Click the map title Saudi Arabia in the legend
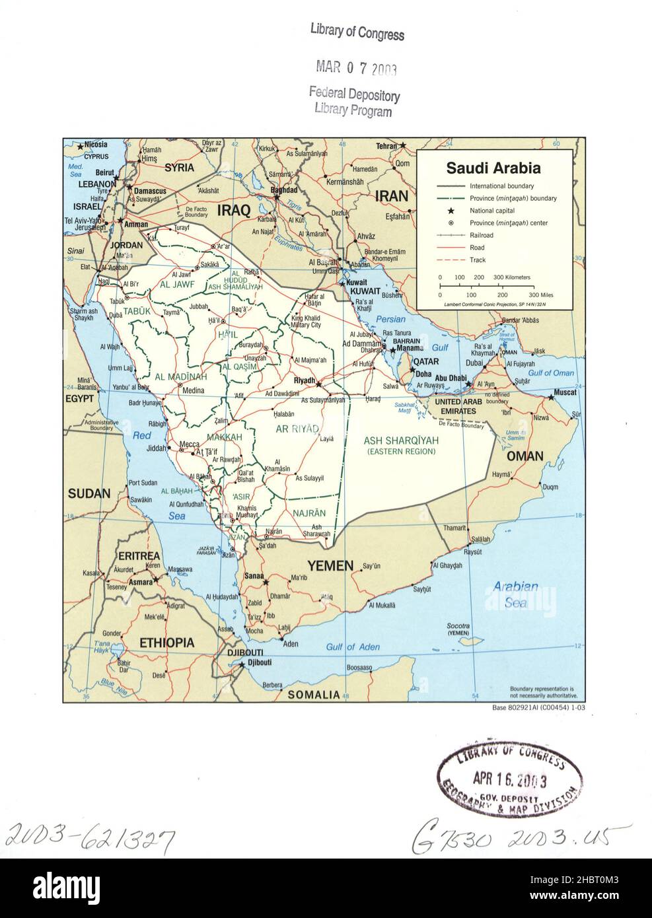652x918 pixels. point(493,168)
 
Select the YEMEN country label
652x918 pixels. point(330,565)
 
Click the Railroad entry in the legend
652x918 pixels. point(481,235)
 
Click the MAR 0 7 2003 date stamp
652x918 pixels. point(356,67)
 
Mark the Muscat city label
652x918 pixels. point(565,392)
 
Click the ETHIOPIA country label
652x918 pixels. point(166,643)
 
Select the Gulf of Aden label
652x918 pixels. point(353,647)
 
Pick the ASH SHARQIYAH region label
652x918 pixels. point(402,441)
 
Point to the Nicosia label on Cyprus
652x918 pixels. point(95,145)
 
